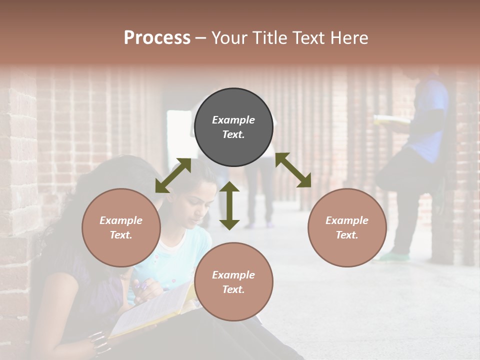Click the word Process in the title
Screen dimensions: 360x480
[x=157, y=37]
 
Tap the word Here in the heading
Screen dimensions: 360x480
[x=349, y=37]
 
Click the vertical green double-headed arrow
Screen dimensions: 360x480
[x=229, y=205]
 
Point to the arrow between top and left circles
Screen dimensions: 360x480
[x=173, y=175]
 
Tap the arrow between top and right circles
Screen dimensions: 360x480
[x=293, y=170]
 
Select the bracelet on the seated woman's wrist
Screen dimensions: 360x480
[x=98, y=340]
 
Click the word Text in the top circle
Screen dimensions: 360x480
[x=233, y=134]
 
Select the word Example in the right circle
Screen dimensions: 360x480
[x=347, y=220]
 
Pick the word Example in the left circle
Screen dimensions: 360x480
[x=121, y=220]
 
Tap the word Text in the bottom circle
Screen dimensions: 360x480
[x=233, y=289]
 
